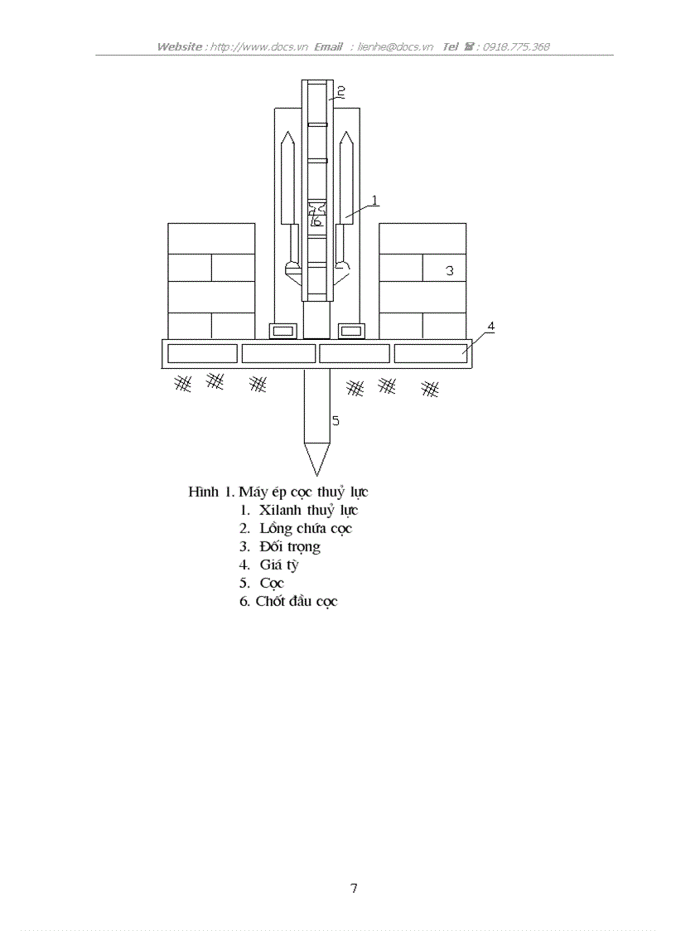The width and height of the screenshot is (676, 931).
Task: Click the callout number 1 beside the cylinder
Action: coord(374,200)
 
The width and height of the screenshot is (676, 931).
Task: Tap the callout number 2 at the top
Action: coord(340,90)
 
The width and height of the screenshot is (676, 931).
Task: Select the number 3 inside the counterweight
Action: coord(450,270)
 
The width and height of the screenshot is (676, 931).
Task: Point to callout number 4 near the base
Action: coord(490,327)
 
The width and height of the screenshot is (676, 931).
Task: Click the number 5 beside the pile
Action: coord(336,421)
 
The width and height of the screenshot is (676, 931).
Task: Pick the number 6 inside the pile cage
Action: coord(316,221)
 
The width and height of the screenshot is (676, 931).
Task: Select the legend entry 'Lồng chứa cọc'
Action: coord(306,528)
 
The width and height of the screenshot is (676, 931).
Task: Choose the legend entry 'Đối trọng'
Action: coord(289,546)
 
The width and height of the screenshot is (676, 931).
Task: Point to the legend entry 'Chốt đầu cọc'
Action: coord(297,601)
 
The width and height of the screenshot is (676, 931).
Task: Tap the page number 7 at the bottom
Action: coord(354,889)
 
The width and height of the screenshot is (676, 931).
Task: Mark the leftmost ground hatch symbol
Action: coord(183,382)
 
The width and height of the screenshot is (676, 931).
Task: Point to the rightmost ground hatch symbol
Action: coord(429,387)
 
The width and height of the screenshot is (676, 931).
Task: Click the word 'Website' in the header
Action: coord(179,47)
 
